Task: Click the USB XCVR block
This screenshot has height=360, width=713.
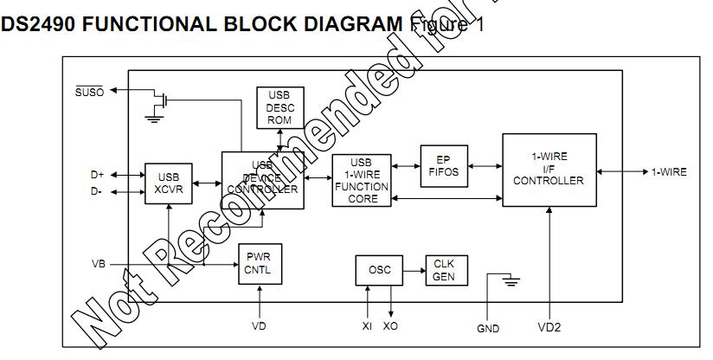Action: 168,183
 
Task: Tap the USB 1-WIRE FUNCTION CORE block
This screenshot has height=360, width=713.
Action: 361,181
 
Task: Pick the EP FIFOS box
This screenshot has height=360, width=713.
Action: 443,164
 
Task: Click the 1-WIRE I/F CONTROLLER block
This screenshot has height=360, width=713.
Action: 549,170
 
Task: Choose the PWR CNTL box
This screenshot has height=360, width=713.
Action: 260,263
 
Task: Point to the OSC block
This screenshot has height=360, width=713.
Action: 380,270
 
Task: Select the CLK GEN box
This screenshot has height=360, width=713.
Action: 444,270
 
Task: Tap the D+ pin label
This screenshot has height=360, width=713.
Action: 98,174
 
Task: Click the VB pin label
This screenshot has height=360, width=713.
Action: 99,263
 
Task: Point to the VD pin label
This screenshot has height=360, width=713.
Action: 259,326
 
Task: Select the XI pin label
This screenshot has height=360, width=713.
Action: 367,326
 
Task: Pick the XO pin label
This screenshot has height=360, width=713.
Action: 391,326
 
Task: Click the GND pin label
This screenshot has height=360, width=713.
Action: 488,329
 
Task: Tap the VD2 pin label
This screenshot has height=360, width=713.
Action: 549,329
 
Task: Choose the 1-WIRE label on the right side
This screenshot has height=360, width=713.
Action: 669,172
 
